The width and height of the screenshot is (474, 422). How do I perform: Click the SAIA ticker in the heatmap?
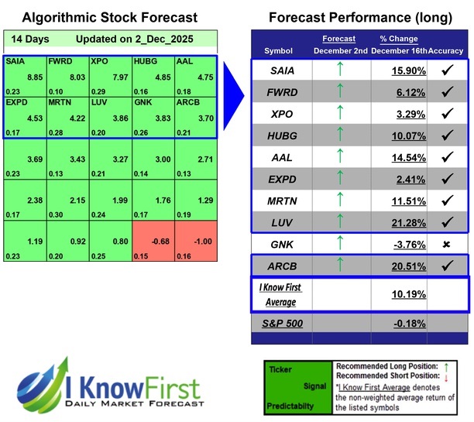tap(14, 60)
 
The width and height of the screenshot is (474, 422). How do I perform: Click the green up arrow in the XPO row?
tap(338, 113)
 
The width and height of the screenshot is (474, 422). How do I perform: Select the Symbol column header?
tap(280, 50)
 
